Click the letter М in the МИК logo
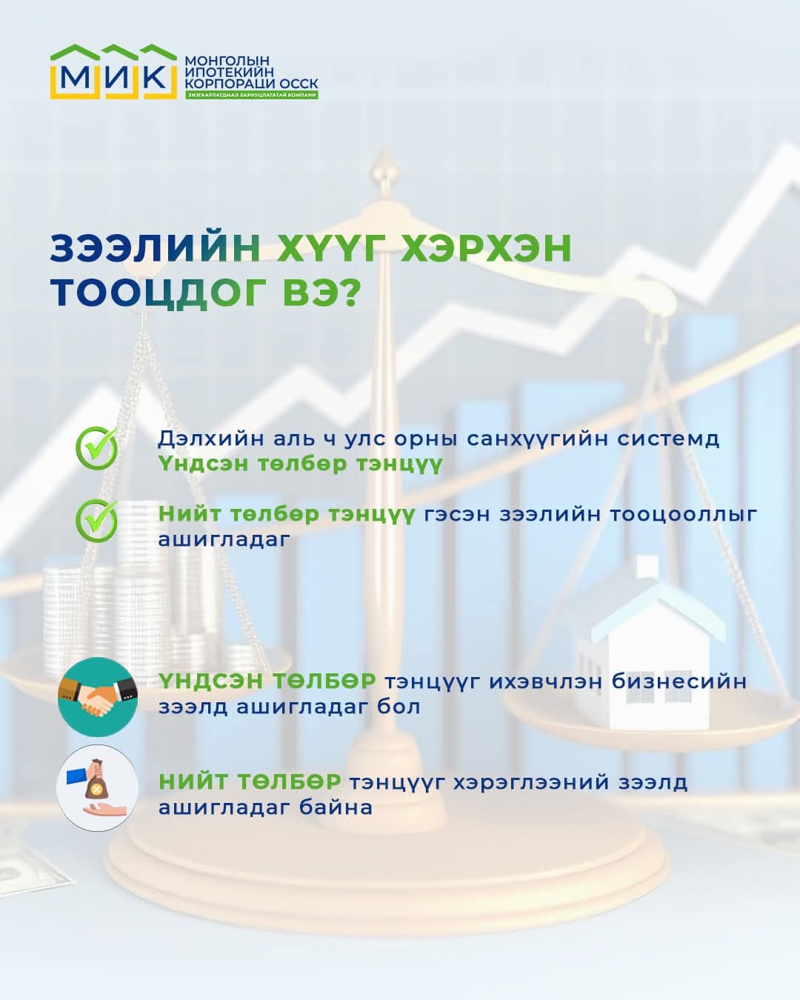(x=74, y=77)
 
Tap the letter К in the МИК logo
(x=154, y=77)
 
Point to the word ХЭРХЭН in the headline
(x=486, y=248)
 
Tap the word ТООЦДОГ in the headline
(x=159, y=293)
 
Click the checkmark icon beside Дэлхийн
(x=96, y=447)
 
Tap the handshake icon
(x=97, y=696)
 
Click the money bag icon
(x=97, y=786)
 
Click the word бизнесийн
(x=679, y=681)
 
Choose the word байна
(x=336, y=807)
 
